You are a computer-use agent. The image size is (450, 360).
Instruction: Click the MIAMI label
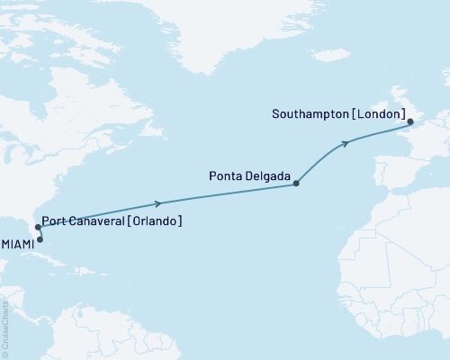(18, 244)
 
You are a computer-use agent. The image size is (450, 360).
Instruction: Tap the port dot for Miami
(40, 239)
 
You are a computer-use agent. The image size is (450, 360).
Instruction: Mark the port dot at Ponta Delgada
(297, 183)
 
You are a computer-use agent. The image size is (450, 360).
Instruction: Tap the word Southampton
(309, 114)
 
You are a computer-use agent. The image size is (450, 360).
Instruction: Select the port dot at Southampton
(409, 121)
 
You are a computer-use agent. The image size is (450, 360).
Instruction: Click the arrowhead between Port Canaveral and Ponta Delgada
(158, 202)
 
